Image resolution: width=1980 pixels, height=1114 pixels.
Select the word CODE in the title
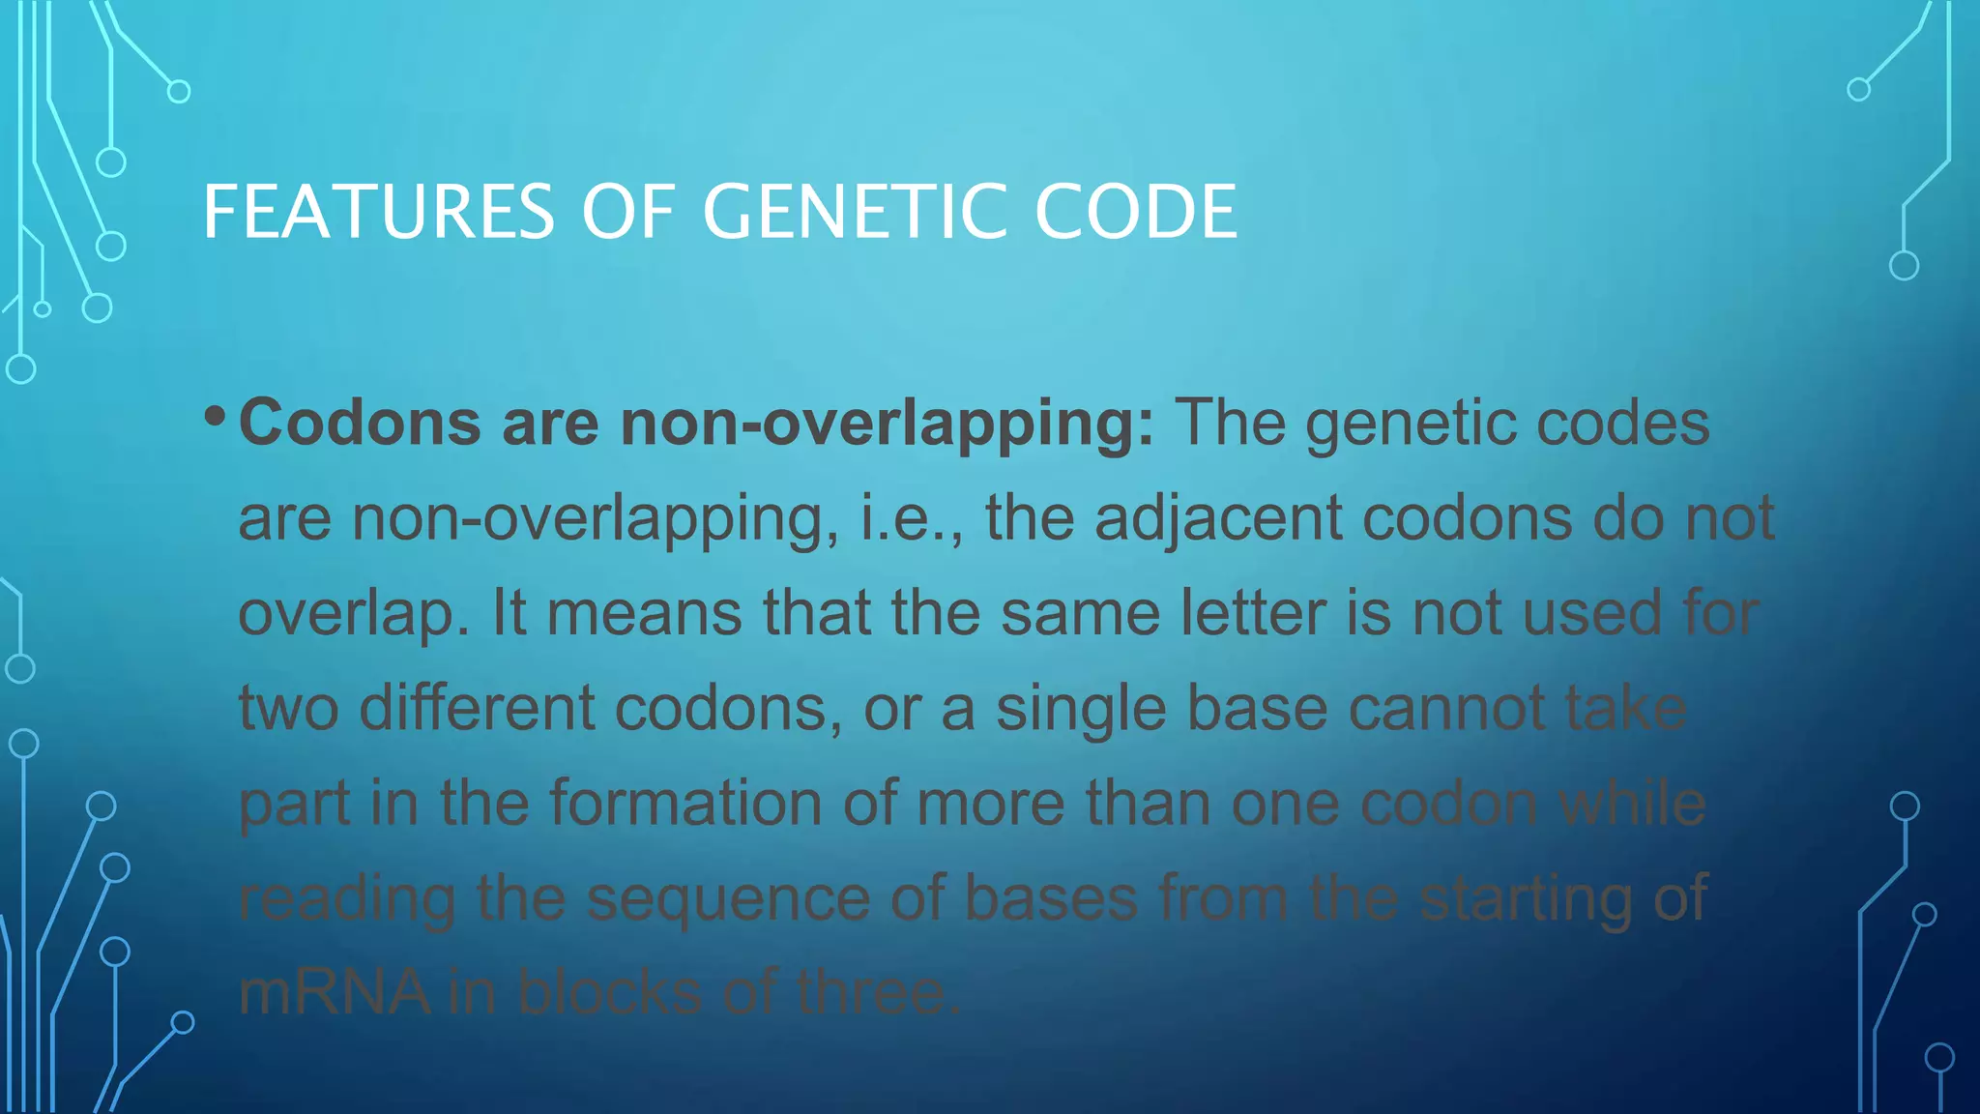1135,213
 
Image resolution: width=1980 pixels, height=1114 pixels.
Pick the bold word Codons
360,424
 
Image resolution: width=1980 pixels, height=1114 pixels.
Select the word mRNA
335,992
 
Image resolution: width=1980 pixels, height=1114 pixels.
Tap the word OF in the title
627,213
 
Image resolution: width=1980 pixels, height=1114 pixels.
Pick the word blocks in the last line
609,992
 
